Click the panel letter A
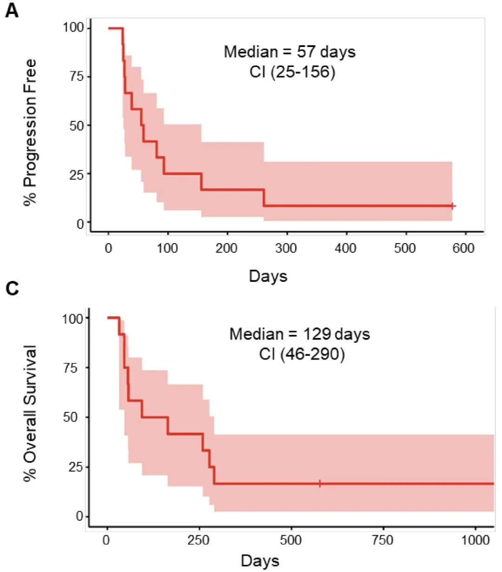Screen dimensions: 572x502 12,10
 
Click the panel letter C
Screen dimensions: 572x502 12,289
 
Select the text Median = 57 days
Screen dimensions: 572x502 290,52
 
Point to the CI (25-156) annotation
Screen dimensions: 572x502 292,72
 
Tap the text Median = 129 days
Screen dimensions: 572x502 300,334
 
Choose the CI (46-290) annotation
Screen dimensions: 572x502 302,355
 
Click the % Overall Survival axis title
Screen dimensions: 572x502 30,413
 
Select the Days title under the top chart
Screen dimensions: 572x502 268,276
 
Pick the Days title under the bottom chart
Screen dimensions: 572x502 260,560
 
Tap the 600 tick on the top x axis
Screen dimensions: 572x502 463,248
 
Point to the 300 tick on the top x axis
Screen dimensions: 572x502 286,248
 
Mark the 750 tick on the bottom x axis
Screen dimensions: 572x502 383,540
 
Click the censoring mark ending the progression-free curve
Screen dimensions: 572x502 452,206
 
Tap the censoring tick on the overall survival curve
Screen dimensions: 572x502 320,484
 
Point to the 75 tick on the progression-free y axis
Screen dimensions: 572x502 77,76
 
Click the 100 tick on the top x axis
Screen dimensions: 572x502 167,248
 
